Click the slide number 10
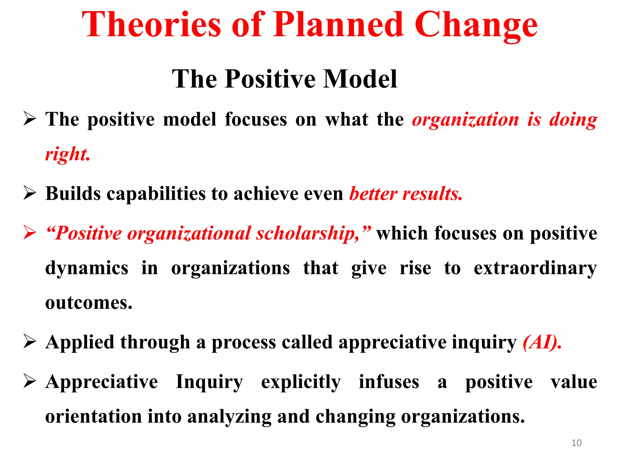tap(576, 443)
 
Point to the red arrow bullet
tap(30, 233)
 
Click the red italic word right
tap(67, 154)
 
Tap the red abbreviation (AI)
tap(542, 342)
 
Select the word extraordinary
tap(535, 268)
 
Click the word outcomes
tap(89, 303)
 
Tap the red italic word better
tap(373, 193)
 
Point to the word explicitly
tap(301, 382)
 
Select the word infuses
tap(389, 382)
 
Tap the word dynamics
tap(87, 268)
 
